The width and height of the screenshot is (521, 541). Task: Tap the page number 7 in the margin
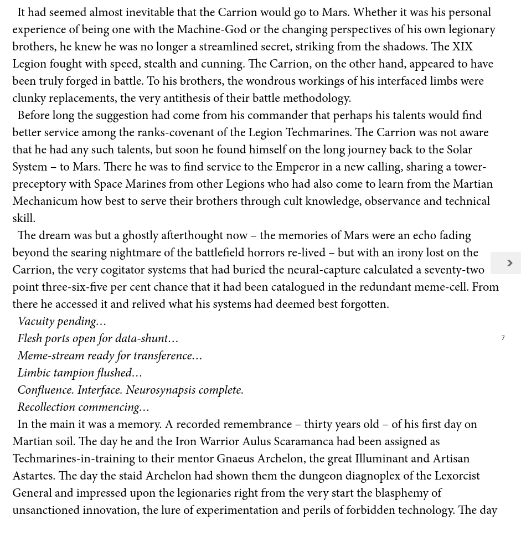[x=503, y=338]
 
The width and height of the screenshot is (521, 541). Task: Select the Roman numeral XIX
[x=462, y=47]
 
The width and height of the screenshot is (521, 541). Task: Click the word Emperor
[x=297, y=167]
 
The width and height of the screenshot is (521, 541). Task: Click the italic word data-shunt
[x=141, y=338]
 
